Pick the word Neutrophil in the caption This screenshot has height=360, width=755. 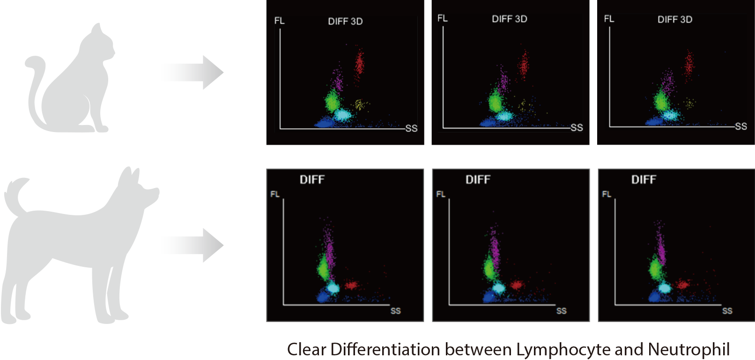click(688, 349)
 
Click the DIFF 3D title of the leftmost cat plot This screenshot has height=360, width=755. click(345, 21)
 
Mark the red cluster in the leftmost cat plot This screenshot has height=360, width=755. click(359, 63)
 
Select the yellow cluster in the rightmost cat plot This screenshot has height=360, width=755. click(689, 102)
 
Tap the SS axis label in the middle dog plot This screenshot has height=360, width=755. click(561, 311)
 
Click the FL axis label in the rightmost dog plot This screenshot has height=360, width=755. click(607, 194)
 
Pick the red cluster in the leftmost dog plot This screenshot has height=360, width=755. click(351, 284)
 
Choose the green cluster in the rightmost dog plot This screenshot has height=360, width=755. click(655, 269)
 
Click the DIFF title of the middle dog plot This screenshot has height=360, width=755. click(478, 179)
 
